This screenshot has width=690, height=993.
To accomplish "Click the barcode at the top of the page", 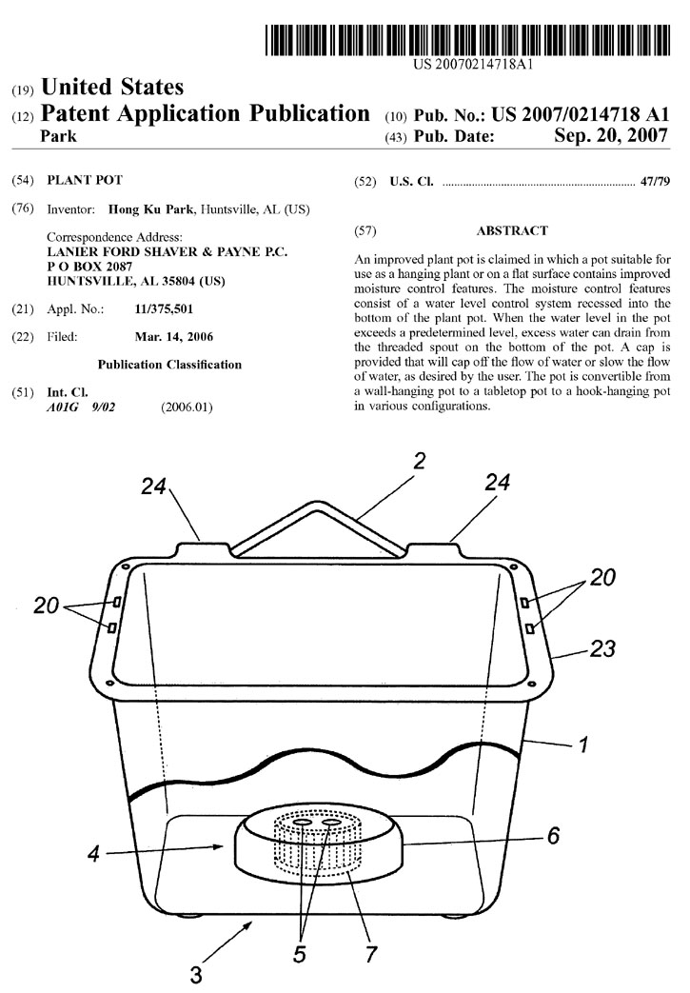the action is point(468,41).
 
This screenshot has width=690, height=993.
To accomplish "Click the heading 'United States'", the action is point(112,87).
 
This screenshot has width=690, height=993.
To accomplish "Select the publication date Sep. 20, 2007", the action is point(611,135).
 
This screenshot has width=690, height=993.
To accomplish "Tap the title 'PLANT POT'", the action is point(85,180).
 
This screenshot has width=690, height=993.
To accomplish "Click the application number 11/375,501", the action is point(164,309).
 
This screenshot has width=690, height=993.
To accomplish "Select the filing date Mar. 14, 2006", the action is point(174,337).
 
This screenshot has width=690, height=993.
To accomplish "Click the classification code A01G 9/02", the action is point(81,407).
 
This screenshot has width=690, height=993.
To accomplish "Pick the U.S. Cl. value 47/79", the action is point(655,182).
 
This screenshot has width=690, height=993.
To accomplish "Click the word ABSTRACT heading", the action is point(512,230).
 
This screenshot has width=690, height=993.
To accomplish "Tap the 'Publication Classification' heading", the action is point(169,365).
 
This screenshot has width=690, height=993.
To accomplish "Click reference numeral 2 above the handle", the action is point(419,461).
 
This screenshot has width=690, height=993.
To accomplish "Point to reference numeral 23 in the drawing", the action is point(602,648).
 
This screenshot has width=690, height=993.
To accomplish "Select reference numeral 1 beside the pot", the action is point(583,744).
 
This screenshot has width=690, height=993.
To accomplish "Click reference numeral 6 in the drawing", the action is point(553,836).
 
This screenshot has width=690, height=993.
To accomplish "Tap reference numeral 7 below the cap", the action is point(371,954).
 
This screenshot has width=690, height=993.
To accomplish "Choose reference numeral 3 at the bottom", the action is point(196,975).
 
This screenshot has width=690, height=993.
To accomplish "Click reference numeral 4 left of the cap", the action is point(93,854).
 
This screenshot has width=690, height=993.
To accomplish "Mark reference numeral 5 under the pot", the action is point(300,954).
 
